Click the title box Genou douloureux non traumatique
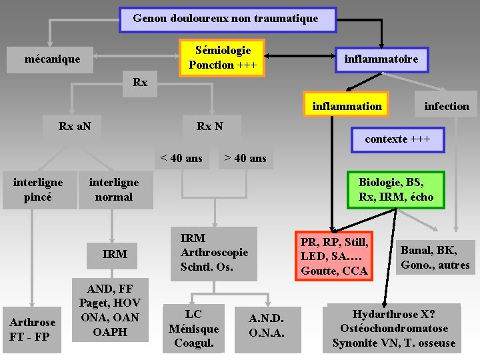point(227,19)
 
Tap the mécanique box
point(52,59)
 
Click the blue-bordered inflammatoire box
point(381,59)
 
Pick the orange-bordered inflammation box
point(346,106)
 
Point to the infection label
point(447,106)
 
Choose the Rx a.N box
point(75,125)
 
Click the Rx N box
point(210,125)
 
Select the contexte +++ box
point(397,139)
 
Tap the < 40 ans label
point(181,158)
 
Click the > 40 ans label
point(245,158)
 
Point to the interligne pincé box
point(38,189)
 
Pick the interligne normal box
point(114,189)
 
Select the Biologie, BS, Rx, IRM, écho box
point(396,189)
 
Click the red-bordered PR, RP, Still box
point(334,255)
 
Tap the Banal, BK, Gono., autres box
point(435,257)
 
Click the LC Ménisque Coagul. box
point(193,328)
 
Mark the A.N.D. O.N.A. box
point(266,325)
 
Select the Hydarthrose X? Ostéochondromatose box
point(393,329)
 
